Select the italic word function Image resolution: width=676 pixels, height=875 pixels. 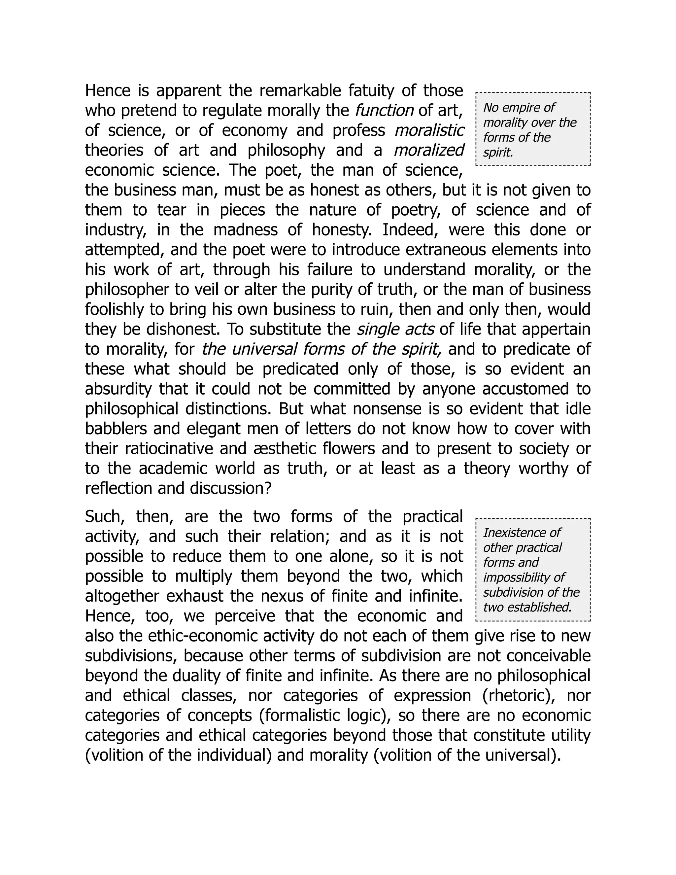tap(384, 110)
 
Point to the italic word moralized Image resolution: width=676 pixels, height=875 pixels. tap(428, 150)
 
